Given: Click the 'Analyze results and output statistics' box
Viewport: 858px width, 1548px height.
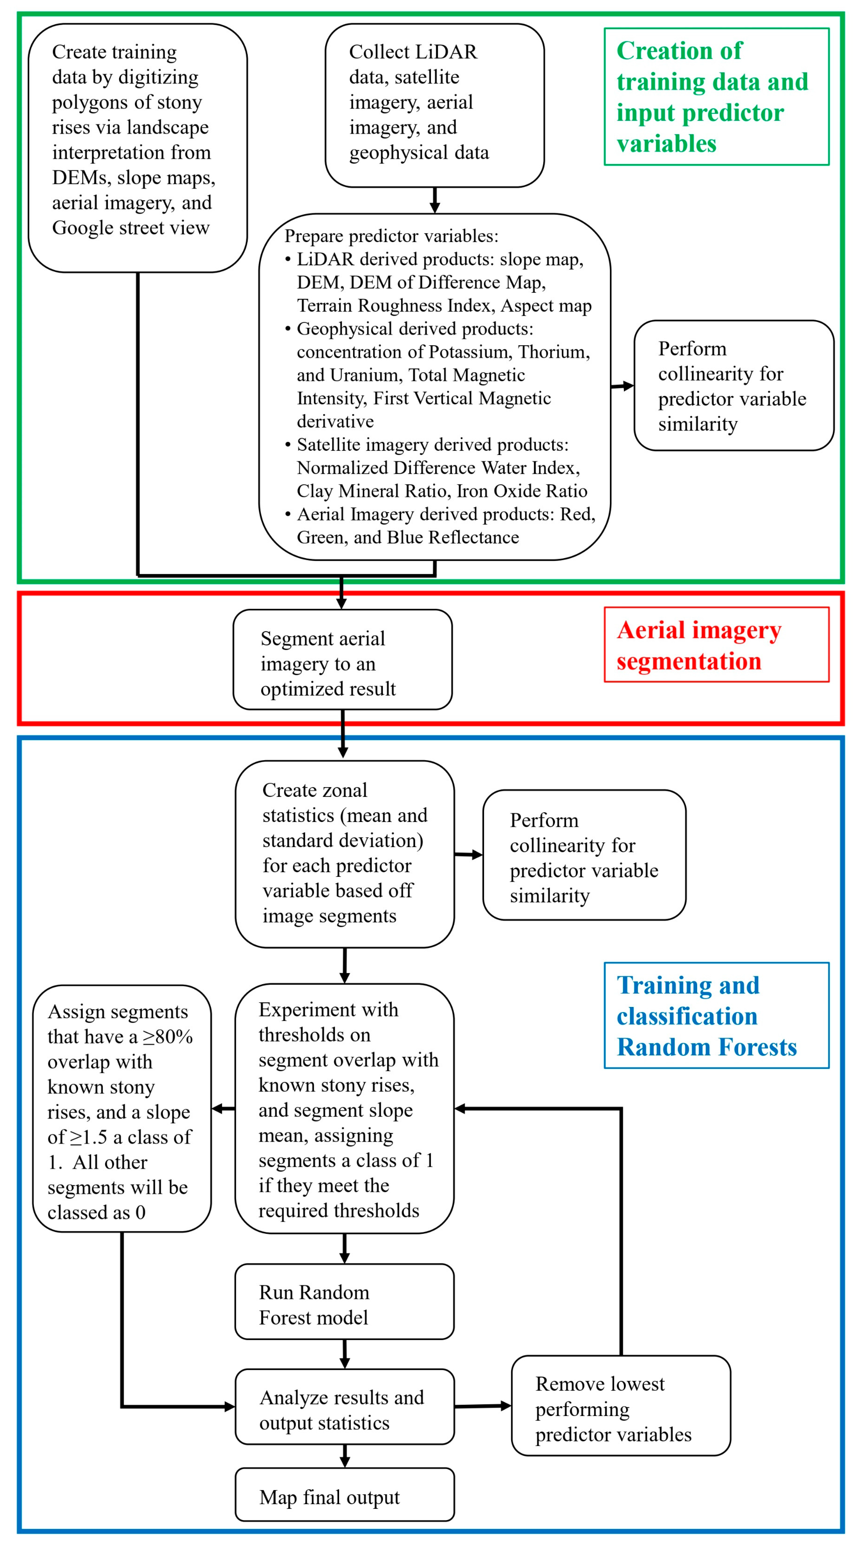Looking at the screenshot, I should (x=344, y=1410).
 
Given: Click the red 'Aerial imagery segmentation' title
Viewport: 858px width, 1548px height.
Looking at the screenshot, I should (x=716, y=645).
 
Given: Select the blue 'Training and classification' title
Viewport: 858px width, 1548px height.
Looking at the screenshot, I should (x=716, y=1016).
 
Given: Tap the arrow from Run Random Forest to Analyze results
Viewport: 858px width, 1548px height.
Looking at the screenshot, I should (x=344, y=1355).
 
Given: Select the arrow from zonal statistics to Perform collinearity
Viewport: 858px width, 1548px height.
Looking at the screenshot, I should (x=468, y=854).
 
